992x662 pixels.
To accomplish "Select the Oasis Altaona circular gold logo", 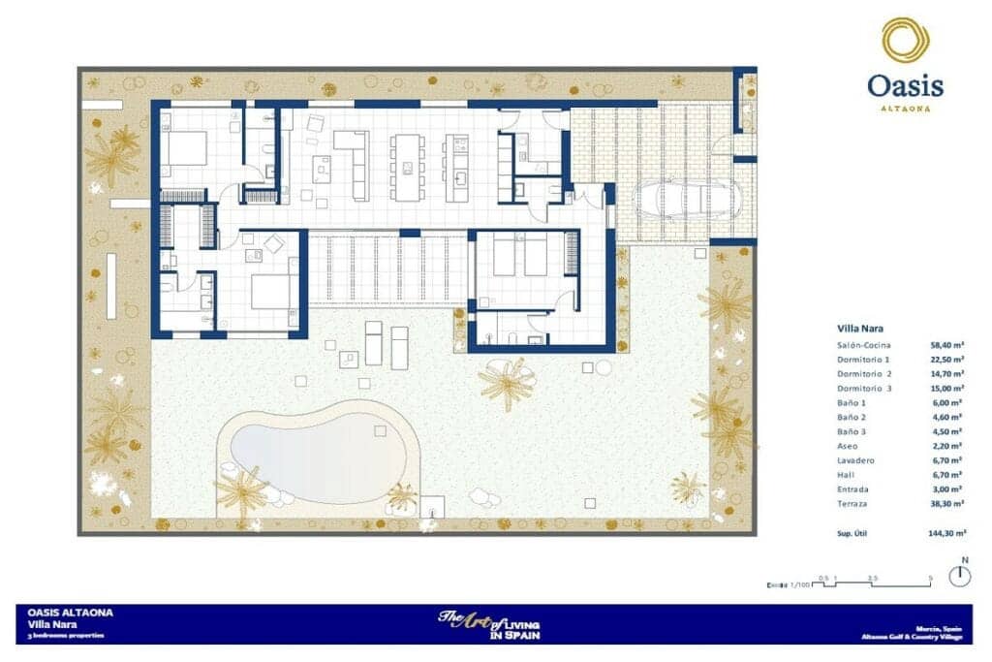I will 906,40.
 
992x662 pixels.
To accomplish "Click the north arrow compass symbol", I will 961,575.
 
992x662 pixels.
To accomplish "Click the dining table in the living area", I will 408,166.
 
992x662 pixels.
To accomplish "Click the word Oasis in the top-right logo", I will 906,86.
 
